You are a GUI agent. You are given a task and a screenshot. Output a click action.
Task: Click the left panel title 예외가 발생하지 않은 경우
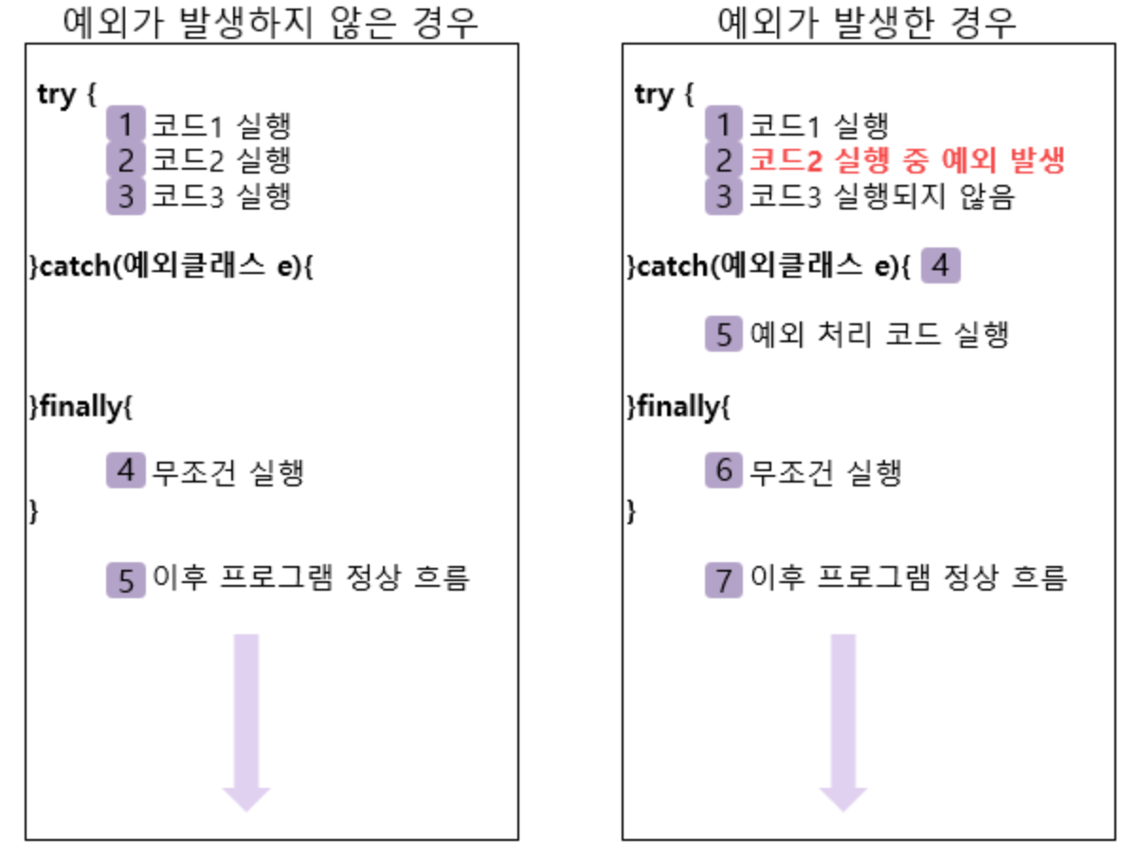pyautogui.click(x=270, y=23)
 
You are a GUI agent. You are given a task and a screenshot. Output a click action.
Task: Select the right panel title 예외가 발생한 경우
pyautogui.click(x=867, y=23)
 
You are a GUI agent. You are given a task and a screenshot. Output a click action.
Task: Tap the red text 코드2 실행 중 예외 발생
pyautogui.click(x=907, y=160)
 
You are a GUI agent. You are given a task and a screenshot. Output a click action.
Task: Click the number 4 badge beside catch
pyautogui.click(x=940, y=266)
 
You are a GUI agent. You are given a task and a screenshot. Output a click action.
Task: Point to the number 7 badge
pyautogui.click(x=723, y=578)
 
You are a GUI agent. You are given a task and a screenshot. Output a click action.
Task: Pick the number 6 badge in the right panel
pyautogui.click(x=723, y=470)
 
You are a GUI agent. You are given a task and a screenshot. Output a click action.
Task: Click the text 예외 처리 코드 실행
pyautogui.click(x=878, y=335)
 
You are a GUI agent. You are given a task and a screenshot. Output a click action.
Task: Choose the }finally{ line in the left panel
pyautogui.click(x=81, y=408)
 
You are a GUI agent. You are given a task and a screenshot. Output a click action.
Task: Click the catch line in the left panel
pyautogui.click(x=172, y=267)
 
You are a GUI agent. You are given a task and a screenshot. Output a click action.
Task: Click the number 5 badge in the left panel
pyautogui.click(x=125, y=578)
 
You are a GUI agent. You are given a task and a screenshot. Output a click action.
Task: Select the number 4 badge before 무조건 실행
pyautogui.click(x=125, y=470)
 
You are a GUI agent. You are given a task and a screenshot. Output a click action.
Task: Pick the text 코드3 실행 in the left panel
pyautogui.click(x=221, y=196)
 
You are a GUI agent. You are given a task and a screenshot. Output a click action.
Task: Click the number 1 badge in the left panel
pyautogui.click(x=125, y=124)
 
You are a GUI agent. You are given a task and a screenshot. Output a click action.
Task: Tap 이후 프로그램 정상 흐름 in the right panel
pyautogui.click(x=909, y=577)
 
